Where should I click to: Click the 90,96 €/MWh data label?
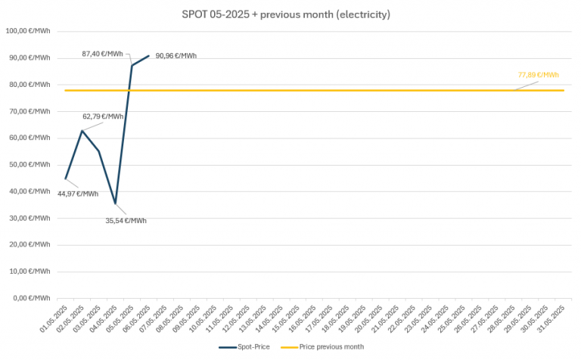coord(176,56)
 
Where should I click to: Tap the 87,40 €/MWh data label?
coord(102,54)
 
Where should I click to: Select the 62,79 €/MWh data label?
coord(103,116)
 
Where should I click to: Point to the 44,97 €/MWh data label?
coord(78,194)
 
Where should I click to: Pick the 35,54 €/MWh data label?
coord(126,221)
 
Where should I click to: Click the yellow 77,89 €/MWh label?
coord(538,75)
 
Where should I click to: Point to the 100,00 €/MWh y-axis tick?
coord(28,31)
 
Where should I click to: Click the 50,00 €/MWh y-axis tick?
coord(30,164)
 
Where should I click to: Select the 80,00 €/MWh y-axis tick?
coord(30,85)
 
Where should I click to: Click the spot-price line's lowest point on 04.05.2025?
coord(116,203)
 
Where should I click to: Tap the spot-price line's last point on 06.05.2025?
coord(149,55)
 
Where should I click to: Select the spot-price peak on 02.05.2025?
coord(82,131)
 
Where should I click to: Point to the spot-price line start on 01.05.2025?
coord(66,178)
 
